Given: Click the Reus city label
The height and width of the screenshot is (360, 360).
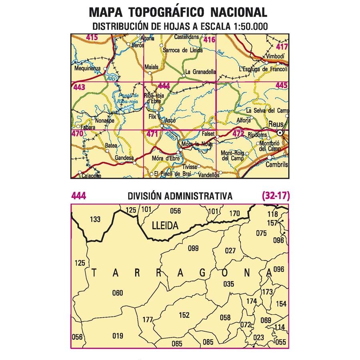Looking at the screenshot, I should pyautogui.click(x=276, y=124).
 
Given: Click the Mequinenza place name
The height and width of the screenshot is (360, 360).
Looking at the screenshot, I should pyautogui.click(x=87, y=68).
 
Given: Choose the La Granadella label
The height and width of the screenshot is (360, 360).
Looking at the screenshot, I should pyautogui.click(x=200, y=72).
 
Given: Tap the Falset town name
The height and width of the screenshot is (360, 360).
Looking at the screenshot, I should pyautogui.click(x=208, y=134).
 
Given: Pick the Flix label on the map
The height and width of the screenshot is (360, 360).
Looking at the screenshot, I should pyautogui.click(x=152, y=117).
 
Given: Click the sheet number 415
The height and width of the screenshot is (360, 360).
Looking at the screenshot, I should pyautogui.click(x=92, y=38).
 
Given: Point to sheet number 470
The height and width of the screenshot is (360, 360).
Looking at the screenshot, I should pyautogui.click(x=77, y=134).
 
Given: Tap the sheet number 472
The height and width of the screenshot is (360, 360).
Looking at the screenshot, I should pyautogui.click(x=238, y=134).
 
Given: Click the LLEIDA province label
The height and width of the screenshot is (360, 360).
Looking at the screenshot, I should pyautogui.click(x=165, y=226).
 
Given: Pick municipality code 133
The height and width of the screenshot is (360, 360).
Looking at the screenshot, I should pyautogui.click(x=95, y=219).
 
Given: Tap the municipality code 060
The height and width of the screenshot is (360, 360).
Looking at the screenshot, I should pyautogui.click(x=118, y=293).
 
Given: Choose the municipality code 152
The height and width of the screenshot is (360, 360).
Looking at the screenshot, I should pyautogui.click(x=184, y=315).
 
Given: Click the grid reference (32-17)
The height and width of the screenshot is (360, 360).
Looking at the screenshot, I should pyautogui.click(x=276, y=196).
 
